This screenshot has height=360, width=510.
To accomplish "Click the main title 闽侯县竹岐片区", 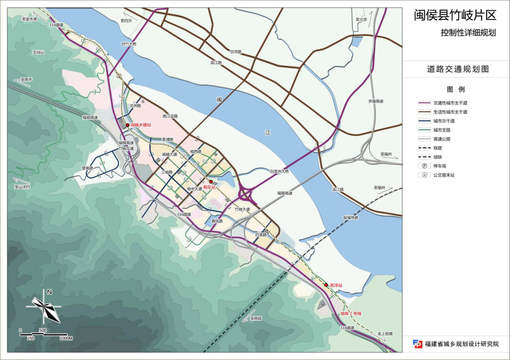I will (x=455, y=16).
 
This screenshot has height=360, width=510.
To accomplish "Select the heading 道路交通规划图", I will (x=458, y=69).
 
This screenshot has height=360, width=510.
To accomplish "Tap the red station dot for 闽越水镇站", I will (x=127, y=125).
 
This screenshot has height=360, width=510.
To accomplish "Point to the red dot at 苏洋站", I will (x=326, y=285).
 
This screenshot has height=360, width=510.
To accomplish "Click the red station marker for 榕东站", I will (x=211, y=182).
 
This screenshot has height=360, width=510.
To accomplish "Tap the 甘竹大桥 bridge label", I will (x=128, y=44).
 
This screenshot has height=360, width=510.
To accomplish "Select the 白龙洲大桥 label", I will (x=279, y=171).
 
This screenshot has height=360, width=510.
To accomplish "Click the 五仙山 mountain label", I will (x=38, y=52).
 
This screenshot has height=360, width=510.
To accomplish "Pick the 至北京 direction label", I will (x=361, y=20).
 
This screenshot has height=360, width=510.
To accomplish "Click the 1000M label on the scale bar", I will (x=66, y=338).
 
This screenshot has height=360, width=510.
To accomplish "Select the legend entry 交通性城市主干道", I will (x=450, y=103).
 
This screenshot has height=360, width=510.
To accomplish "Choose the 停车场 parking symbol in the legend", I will (x=425, y=166).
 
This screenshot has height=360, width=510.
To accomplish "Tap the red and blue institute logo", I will (x=417, y=344).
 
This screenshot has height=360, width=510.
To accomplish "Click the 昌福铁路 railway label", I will (x=350, y=218).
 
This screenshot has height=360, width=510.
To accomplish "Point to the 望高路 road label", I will (x=87, y=168).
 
